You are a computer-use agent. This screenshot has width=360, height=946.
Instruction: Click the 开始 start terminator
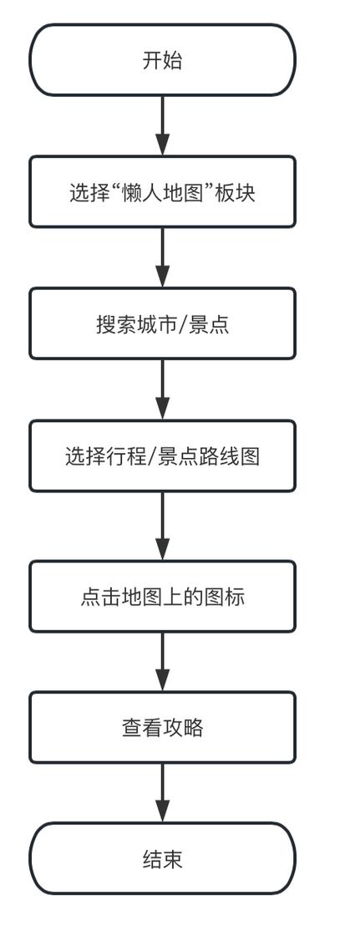pyautogui.click(x=162, y=60)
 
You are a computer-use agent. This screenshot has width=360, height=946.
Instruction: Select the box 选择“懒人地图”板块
pyautogui.click(x=162, y=191)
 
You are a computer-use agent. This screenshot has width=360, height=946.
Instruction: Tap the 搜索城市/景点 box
pyautogui.click(x=162, y=323)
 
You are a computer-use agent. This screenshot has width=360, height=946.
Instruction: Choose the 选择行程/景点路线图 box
pyautogui.click(x=162, y=455)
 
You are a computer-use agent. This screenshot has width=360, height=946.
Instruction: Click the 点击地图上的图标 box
pyautogui.click(x=162, y=596)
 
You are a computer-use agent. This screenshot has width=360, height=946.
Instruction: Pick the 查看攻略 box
pyautogui.click(x=162, y=727)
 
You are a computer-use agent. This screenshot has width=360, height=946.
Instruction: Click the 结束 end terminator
pyautogui.click(x=162, y=858)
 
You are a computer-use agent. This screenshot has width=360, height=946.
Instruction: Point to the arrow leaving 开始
pyautogui.click(x=162, y=125)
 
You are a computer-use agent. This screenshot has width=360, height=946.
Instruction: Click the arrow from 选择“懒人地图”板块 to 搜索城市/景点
pyautogui.click(x=162, y=257)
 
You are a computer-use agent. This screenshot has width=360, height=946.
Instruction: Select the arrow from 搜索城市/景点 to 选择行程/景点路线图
pyautogui.click(x=162, y=389)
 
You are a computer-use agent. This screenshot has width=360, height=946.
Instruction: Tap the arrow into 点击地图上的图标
pyautogui.click(x=162, y=526)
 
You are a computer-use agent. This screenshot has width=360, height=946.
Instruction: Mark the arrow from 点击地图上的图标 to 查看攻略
pyautogui.click(x=162, y=661)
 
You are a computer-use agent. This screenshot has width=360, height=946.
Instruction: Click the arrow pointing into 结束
pyautogui.click(x=162, y=792)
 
